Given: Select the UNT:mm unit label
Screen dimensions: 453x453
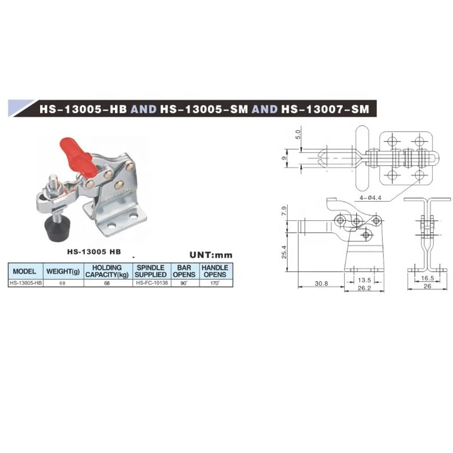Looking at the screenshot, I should click(x=211, y=255).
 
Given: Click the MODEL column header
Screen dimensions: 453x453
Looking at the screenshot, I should click(x=24, y=271).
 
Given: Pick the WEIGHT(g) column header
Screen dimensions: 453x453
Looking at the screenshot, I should click(x=61, y=271).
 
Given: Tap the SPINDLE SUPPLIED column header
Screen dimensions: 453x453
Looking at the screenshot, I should click(x=151, y=271).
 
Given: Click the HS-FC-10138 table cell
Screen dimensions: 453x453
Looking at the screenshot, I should click(x=151, y=283).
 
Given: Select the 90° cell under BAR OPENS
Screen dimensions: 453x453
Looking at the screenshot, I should click(x=184, y=283).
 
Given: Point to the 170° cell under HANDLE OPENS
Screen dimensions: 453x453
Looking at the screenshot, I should click(x=215, y=283).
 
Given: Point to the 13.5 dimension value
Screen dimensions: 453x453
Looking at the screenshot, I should click(x=365, y=280).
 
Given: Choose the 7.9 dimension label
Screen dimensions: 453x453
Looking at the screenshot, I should click(x=285, y=213).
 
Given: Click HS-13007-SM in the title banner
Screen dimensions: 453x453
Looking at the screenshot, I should click(x=329, y=108).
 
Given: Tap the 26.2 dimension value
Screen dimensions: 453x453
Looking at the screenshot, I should click(x=364, y=288).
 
